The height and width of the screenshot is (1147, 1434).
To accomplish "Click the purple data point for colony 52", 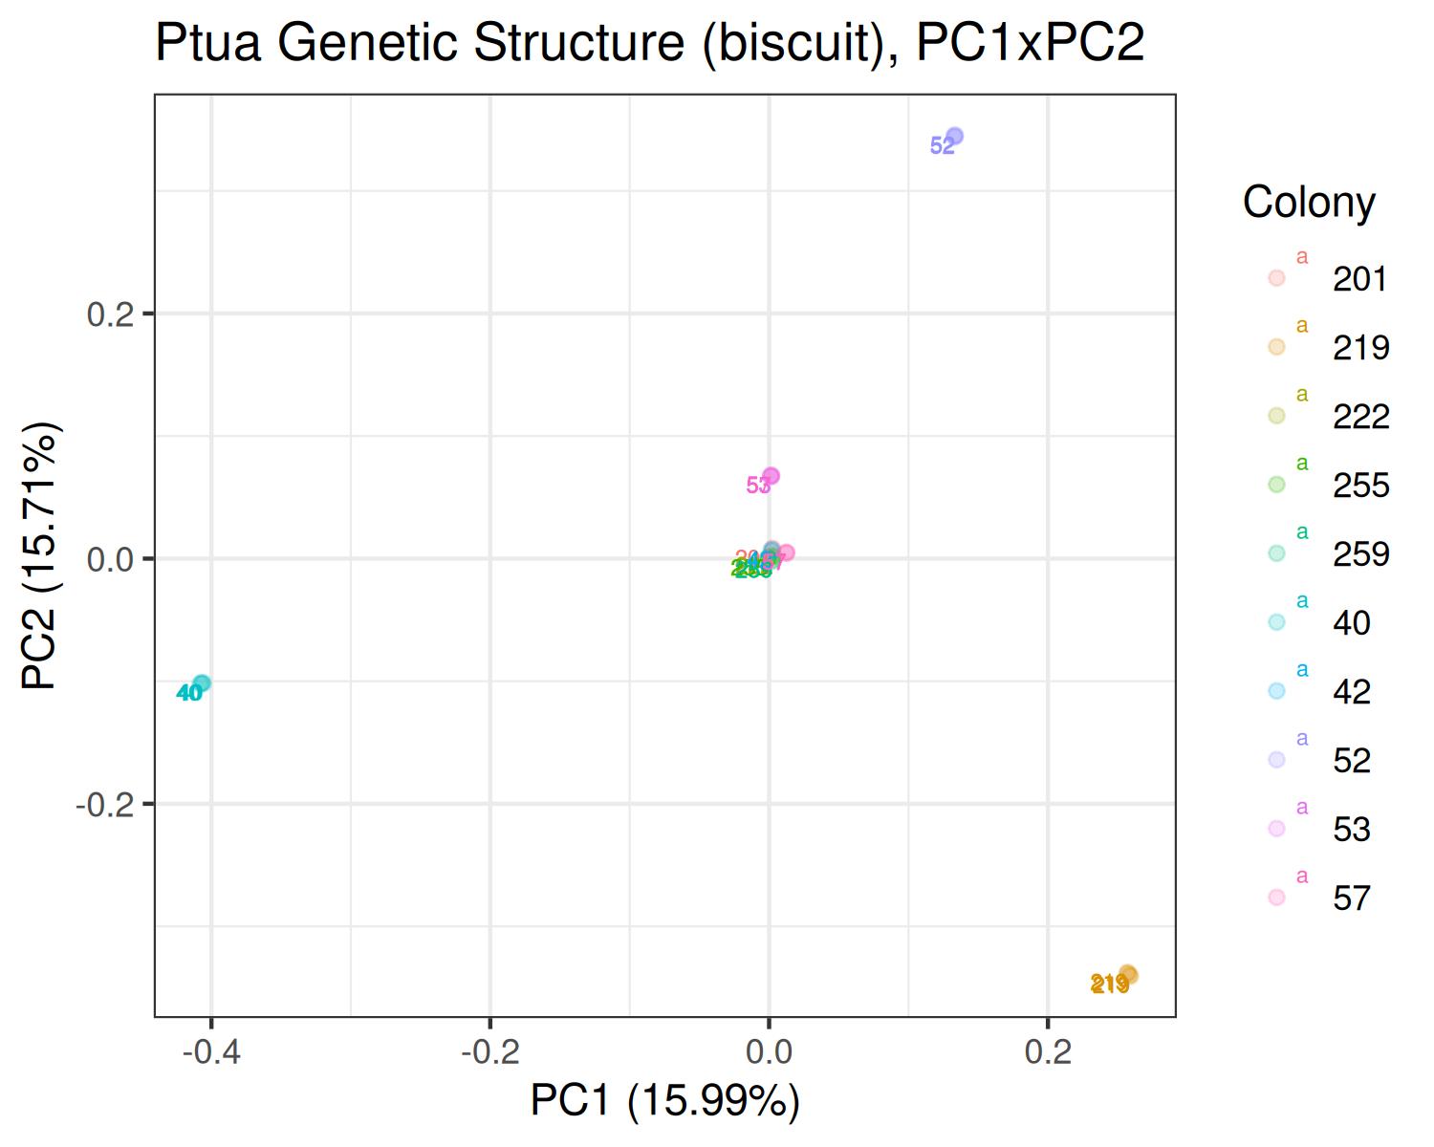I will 954,137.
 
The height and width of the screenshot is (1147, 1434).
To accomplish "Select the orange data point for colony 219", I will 1128,974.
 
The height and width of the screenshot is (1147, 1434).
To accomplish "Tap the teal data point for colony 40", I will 202,683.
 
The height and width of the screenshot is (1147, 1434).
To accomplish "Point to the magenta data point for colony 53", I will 771,476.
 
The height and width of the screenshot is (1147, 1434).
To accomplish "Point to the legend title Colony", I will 1309,203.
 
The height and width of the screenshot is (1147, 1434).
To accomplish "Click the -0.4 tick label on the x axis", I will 210,1052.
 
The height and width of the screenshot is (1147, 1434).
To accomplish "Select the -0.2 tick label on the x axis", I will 489,1052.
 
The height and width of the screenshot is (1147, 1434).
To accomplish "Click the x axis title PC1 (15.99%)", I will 664,1101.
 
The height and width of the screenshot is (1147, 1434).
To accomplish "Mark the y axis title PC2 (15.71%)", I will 43,555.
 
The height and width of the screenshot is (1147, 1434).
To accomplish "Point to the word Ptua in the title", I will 208,44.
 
